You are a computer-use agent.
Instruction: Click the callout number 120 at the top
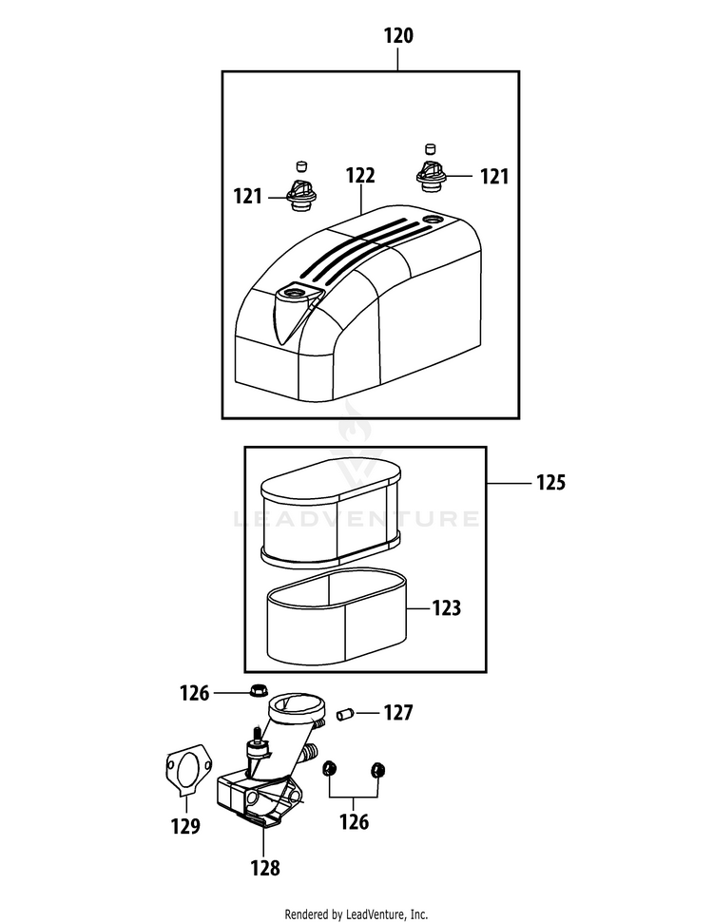(398, 37)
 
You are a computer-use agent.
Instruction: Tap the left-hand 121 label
(248, 197)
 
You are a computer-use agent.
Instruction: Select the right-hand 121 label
(493, 177)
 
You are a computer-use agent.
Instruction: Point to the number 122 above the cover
(360, 176)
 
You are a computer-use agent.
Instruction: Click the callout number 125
(550, 483)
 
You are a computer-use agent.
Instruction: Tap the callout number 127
(398, 712)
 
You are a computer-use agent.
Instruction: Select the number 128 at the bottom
(265, 867)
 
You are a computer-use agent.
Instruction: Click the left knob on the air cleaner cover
(300, 193)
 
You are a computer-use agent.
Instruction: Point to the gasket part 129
(185, 768)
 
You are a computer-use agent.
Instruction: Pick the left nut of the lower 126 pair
(331, 769)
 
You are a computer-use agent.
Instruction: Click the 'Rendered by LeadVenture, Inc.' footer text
(356, 913)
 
